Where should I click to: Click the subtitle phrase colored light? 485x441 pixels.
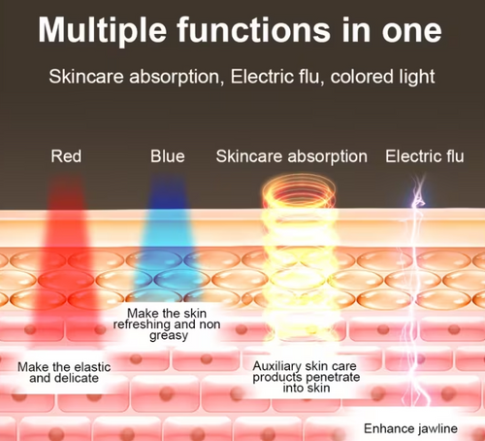(x=384, y=76)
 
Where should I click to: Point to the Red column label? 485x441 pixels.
(x=66, y=155)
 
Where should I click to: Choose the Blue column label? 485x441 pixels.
(x=168, y=155)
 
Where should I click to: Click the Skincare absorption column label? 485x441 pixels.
(x=292, y=155)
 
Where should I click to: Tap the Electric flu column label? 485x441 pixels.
(x=425, y=155)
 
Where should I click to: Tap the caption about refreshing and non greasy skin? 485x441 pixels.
(x=178, y=322)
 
